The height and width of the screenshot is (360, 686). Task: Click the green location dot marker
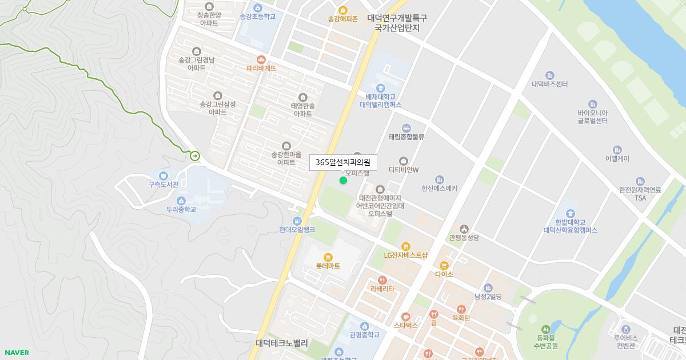point(343,181)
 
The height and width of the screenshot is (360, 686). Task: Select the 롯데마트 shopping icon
point(328,257)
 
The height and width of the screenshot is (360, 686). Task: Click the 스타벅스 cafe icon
point(406,316)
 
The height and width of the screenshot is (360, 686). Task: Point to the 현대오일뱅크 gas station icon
point(297,221)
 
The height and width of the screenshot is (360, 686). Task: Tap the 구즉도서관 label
point(163,184)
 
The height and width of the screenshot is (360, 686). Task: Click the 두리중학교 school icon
point(181,200)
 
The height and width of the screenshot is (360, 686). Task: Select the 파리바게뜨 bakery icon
point(261,59)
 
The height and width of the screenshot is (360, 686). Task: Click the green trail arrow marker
point(195,155)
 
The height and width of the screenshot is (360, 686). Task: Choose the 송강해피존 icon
point(343,10)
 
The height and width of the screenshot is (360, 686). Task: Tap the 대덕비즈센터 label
point(549,84)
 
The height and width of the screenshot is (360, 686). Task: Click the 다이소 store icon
point(444,265)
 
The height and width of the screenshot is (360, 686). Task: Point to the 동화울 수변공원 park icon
point(546,329)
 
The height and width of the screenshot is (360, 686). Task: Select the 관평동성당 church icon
point(464,229)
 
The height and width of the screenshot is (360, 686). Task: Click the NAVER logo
point(17,353)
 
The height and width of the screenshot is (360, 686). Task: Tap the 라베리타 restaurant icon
point(382,280)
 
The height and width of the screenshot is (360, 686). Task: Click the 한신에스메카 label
point(439,188)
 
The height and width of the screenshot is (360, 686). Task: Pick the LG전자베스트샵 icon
point(406,246)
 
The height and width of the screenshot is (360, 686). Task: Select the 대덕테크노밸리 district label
point(282,343)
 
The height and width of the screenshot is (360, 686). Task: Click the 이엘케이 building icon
point(617,150)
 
